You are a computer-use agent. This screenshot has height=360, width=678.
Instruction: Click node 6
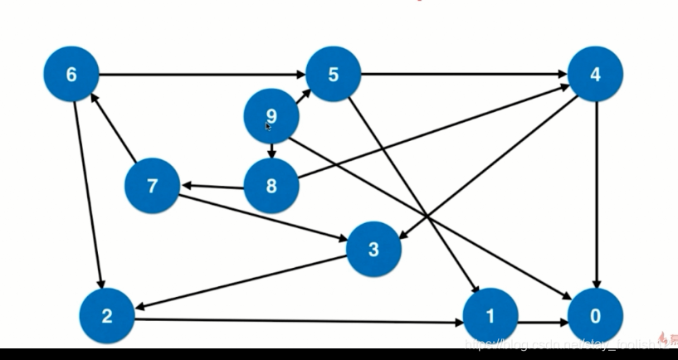coord(71,75)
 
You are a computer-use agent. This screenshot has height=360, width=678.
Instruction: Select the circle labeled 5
coord(334,75)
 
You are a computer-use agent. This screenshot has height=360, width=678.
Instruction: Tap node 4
coord(595,75)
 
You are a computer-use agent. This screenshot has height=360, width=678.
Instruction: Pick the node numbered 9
coord(271,116)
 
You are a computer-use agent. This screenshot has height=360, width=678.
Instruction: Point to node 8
coord(271,185)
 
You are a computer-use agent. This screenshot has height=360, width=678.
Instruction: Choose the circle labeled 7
coord(152,185)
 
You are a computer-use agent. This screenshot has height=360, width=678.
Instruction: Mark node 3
coord(373,248)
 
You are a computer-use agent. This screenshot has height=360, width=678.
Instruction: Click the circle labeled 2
coord(107,315)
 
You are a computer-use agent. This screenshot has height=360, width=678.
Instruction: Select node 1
coord(490,315)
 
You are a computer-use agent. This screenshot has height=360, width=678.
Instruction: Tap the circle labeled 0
coord(595,315)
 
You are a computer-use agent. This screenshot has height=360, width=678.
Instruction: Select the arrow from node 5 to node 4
coord(465,75)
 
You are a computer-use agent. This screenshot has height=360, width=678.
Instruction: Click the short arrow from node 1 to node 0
coord(543,316)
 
